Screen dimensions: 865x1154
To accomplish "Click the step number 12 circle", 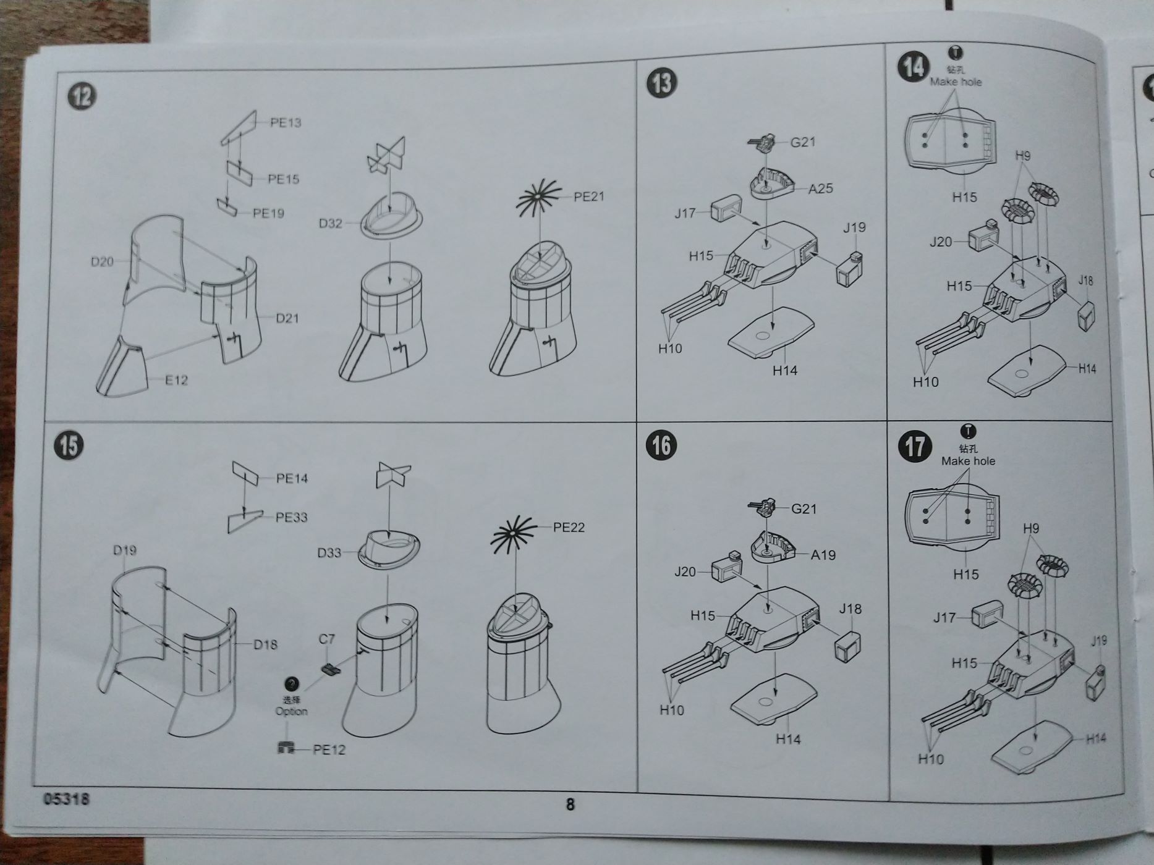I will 82,96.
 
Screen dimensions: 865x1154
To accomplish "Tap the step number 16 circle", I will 661,445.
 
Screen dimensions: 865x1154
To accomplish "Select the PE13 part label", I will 286,122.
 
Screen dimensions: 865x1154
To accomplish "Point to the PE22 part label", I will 569,527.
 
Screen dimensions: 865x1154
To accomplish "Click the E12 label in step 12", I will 176,380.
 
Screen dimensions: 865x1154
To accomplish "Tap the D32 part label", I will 330,223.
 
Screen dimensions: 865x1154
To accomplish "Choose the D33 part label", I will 329,552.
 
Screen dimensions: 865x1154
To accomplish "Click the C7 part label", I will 326,639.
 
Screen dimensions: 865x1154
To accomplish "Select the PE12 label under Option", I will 329,749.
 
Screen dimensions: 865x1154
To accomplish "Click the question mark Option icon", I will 291,684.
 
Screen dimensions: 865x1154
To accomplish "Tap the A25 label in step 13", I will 821,189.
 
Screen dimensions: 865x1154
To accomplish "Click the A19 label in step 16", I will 823,555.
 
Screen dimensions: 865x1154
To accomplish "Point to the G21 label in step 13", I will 803,142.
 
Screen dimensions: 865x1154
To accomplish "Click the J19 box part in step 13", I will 849,268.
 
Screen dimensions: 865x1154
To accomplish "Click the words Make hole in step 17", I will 968,461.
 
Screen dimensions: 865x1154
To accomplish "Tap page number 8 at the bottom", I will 570,804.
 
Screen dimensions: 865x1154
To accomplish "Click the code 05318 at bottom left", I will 67,799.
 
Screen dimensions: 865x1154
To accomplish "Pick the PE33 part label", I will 291,517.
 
